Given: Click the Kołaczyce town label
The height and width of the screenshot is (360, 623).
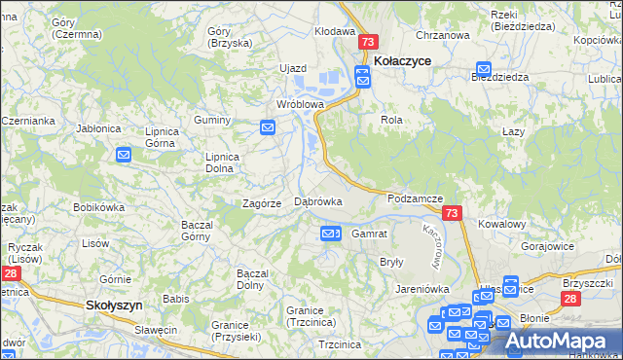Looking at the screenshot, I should point(402,60).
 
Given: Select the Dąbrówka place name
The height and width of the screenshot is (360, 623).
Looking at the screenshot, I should point(317,201).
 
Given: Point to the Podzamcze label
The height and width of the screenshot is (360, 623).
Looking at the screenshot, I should point(415,198).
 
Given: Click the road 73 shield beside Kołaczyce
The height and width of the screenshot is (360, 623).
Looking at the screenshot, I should point(367,43).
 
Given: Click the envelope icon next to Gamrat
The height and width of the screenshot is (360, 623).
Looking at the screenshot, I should point(330,234).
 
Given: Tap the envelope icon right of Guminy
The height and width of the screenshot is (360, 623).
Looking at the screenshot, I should point(268,127).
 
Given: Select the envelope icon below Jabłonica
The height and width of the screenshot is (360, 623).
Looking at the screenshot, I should point(124,155).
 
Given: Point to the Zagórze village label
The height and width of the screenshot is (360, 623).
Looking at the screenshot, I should point(261,203).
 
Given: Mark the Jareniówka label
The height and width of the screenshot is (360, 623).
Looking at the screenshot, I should point(421,289).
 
